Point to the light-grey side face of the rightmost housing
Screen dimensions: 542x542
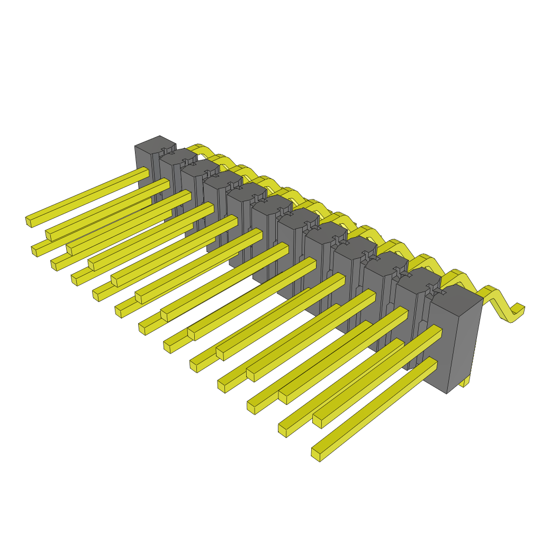coord(466,344)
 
